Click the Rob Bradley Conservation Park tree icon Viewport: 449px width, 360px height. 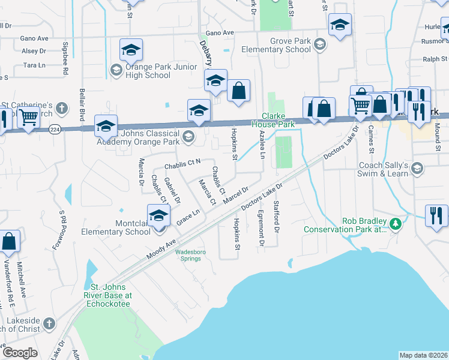click(395, 224)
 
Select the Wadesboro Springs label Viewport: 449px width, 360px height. click(190, 256)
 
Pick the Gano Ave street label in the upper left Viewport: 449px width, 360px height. click(34, 38)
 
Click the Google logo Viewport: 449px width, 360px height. click(19, 353)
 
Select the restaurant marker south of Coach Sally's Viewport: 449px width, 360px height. click(436, 215)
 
